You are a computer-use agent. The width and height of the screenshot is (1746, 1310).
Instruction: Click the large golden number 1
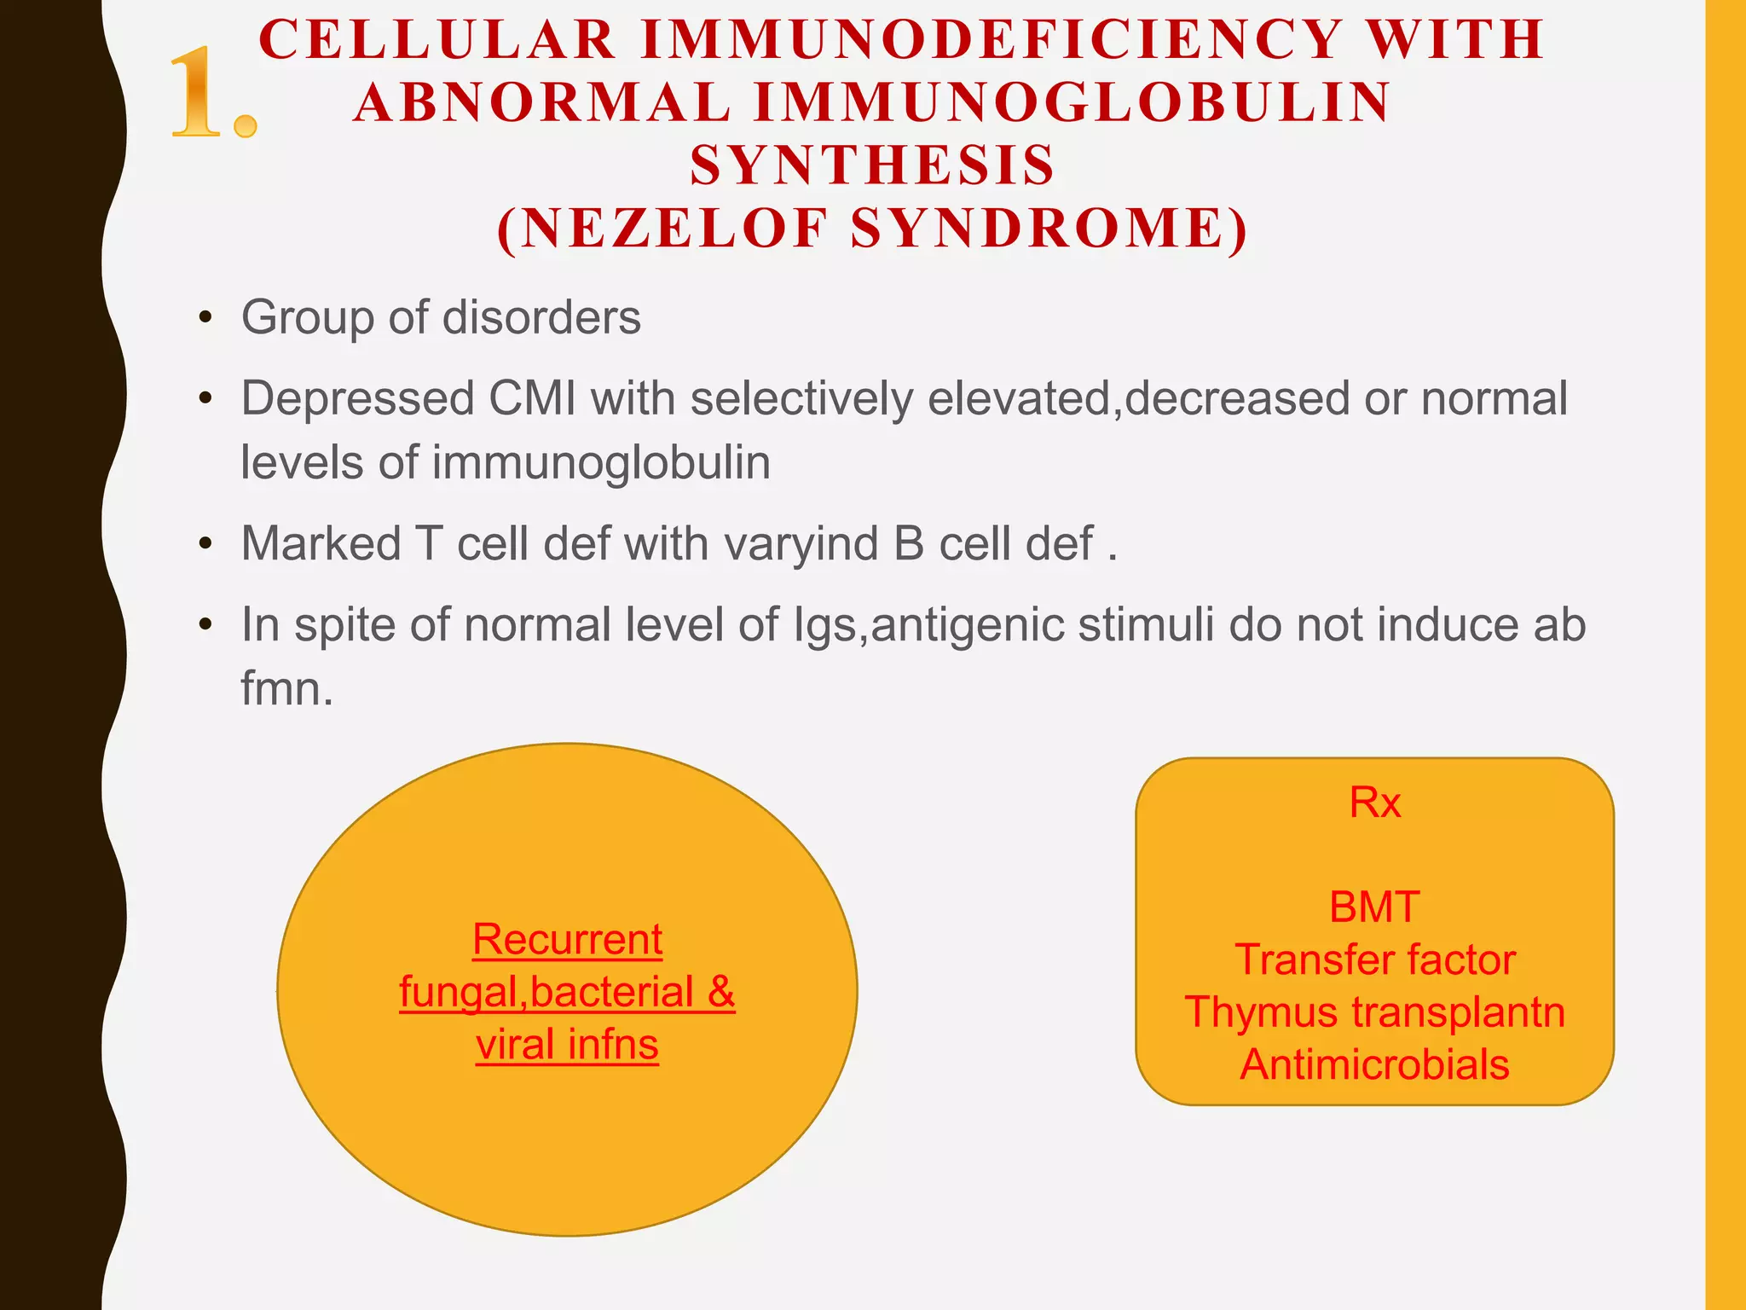tap(200, 94)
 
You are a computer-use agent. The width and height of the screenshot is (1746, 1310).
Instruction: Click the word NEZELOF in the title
tap(674, 229)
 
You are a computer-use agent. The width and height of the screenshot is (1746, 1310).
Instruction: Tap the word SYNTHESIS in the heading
tap(872, 165)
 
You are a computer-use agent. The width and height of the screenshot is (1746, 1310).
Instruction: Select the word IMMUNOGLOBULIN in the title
tap(1072, 102)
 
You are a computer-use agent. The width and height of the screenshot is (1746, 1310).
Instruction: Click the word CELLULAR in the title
tap(437, 39)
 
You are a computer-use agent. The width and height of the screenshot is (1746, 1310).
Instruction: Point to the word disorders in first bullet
tap(541, 317)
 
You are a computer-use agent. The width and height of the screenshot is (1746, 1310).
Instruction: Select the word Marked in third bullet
tap(321, 543)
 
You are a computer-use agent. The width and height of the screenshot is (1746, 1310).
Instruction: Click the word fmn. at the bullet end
tap(286, 688)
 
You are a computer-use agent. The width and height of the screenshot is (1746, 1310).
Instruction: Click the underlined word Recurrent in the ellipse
tap(567, 940)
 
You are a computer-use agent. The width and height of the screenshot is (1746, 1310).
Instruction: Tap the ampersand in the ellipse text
tap(720, 992)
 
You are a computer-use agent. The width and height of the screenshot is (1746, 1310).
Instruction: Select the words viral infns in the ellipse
tap(567, 1045)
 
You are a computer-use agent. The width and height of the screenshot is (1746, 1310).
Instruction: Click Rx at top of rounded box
tap(1374, 803)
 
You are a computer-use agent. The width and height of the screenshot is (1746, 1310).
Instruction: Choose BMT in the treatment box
tap(1374, 907)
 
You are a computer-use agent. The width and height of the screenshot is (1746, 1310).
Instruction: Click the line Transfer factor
tap(1374, 959)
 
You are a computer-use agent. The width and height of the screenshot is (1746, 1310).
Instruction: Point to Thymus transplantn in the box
tap(1374, 1012)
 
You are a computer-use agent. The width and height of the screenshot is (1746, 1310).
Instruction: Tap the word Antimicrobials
tap(1374, 1064)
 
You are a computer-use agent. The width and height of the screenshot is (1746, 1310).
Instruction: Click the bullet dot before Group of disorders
tap(205, 318)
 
